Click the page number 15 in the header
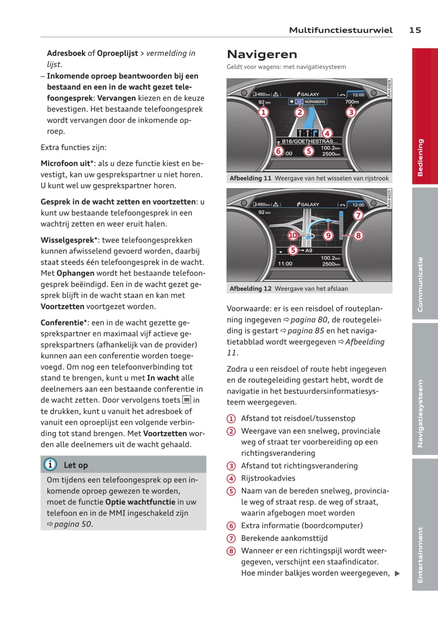tap(415, 30)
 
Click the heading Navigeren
tap(262, 54)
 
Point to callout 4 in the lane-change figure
tap(327, 133)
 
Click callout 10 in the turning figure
tap(293, 235)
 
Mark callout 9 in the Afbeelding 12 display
tap(328, 235)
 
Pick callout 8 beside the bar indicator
tap(358, 235)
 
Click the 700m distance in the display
tap(352, 102)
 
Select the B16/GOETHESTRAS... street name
tap(310, 141)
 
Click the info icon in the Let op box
tap(50, 465)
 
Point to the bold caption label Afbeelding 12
tap(250, 289)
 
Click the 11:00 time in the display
tap(285, 264)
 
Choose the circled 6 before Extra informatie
tap(231, 526)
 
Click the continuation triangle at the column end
tap(397, 574)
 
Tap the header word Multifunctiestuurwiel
tap(341, 30)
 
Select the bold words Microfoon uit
tap(65, 163)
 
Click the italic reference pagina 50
tap(73, 524)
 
